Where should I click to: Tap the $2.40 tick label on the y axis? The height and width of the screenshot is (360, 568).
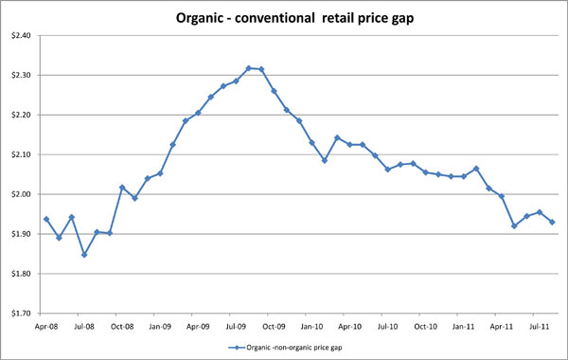pos(20,36)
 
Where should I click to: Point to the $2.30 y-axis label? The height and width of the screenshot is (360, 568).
pos(20,76)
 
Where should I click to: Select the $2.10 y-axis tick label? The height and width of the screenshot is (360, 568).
pos(20,155)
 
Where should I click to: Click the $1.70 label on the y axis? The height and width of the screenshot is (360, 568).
pos(20,314)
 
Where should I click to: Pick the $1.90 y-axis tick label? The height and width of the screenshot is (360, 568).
pos(20,234)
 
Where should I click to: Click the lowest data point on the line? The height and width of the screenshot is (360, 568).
pos(84,255)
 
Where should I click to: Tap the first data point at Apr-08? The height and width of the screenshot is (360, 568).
pos(46,220)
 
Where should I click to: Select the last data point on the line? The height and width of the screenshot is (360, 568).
pos(552,223)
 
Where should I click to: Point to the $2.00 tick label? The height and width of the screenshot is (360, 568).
pos(20,194)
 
